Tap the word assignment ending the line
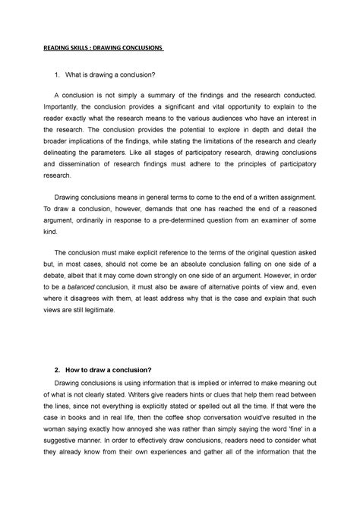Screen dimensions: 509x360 tap(299, 198)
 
